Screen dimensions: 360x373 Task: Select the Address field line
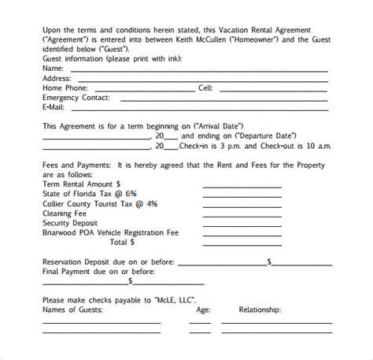200,80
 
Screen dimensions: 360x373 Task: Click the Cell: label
205,89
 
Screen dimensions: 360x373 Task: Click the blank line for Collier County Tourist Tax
234,203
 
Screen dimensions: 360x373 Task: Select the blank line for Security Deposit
234,223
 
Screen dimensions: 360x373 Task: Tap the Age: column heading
201,310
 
